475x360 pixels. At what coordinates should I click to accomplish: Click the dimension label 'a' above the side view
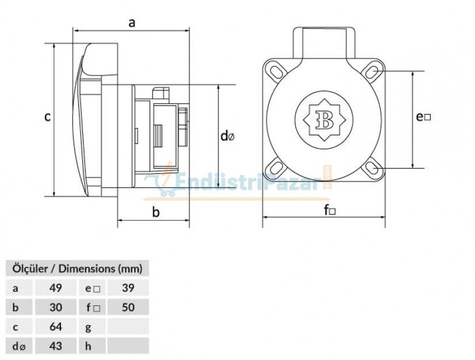(x=132, y=22)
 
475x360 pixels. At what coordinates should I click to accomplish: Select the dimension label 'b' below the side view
(x=155, y=212)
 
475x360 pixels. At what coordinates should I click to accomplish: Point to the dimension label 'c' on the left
(x=48, y=117)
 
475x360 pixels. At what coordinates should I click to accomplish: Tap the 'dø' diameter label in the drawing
(x=227, y=136)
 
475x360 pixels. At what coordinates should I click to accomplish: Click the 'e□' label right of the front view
(x=423, y=117)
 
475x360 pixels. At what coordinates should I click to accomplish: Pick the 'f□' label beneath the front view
(x=329, y=210)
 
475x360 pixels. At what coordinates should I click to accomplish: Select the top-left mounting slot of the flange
(x=276, y=71)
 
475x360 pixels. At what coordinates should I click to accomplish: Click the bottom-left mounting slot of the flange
(x=276, y=168)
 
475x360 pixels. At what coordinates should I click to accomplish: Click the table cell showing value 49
(x=56, y=287)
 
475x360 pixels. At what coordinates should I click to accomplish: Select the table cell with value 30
(x=56, y=307)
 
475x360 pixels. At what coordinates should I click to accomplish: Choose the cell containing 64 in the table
(x=56, y=327)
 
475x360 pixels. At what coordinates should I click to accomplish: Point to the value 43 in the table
(x=56, y=346)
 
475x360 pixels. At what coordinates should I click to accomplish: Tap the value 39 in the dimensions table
(x=128, y=287)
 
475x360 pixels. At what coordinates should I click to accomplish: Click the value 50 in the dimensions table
(x=128, y=307)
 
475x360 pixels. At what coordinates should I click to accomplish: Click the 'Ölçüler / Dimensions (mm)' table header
(x=77, y=268)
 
